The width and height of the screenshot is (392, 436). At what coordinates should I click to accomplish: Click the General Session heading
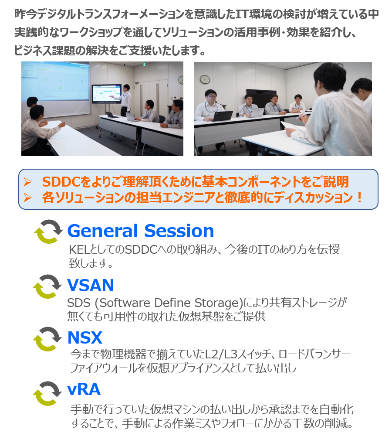141,231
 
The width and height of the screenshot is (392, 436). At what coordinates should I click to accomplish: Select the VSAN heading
91,285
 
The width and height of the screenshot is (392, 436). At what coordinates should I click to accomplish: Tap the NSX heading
85,337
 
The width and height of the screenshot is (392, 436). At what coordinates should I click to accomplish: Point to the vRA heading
84,389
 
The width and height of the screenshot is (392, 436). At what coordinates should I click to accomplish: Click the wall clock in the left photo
181,80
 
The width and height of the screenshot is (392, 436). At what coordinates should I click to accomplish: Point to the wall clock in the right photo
205,79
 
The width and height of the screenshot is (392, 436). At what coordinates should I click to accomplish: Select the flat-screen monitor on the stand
107,93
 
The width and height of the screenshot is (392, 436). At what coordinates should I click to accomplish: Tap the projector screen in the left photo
56,89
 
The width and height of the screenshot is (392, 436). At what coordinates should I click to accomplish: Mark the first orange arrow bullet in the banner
27,182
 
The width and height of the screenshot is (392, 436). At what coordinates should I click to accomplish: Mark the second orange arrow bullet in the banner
27,198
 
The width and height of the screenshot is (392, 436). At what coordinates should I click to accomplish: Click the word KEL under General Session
78,250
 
